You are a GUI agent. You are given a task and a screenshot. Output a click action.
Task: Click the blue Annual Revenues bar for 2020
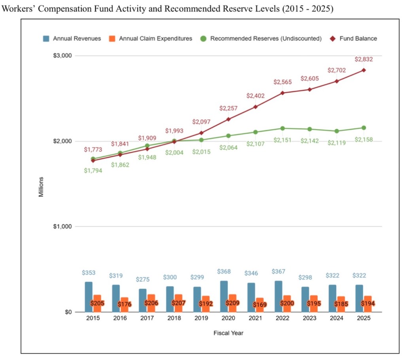[224, 296]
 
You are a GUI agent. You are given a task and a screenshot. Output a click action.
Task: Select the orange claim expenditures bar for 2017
[152, 303]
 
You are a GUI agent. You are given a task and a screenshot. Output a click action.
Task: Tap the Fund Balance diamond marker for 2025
[363, 70]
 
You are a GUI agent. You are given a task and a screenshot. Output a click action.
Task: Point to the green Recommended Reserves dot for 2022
[282, 128]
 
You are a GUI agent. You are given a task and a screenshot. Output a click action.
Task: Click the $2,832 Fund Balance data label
[363, 59]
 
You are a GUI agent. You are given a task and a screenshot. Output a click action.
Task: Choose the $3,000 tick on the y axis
[62, 55]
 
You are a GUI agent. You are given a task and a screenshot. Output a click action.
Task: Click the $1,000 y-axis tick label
[62, 226]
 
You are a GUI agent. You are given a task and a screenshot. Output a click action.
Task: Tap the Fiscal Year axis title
[228, 333]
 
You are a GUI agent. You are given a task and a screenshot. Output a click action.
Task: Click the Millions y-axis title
[41, 187]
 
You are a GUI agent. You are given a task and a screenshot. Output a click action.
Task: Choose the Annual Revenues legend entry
[72, 39]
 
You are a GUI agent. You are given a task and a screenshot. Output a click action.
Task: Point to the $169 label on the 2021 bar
[260, 305]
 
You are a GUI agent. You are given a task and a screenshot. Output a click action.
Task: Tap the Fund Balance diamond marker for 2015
[93, 160]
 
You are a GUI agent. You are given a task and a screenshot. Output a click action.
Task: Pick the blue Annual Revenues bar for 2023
[305, 299]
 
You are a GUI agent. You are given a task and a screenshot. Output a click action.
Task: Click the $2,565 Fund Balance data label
[282, 82]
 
